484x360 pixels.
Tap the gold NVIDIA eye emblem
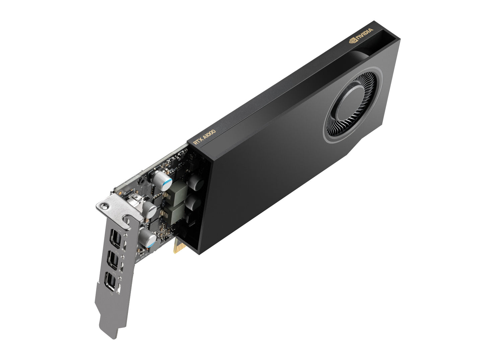point(352,41)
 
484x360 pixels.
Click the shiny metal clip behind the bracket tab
point(134,201)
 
